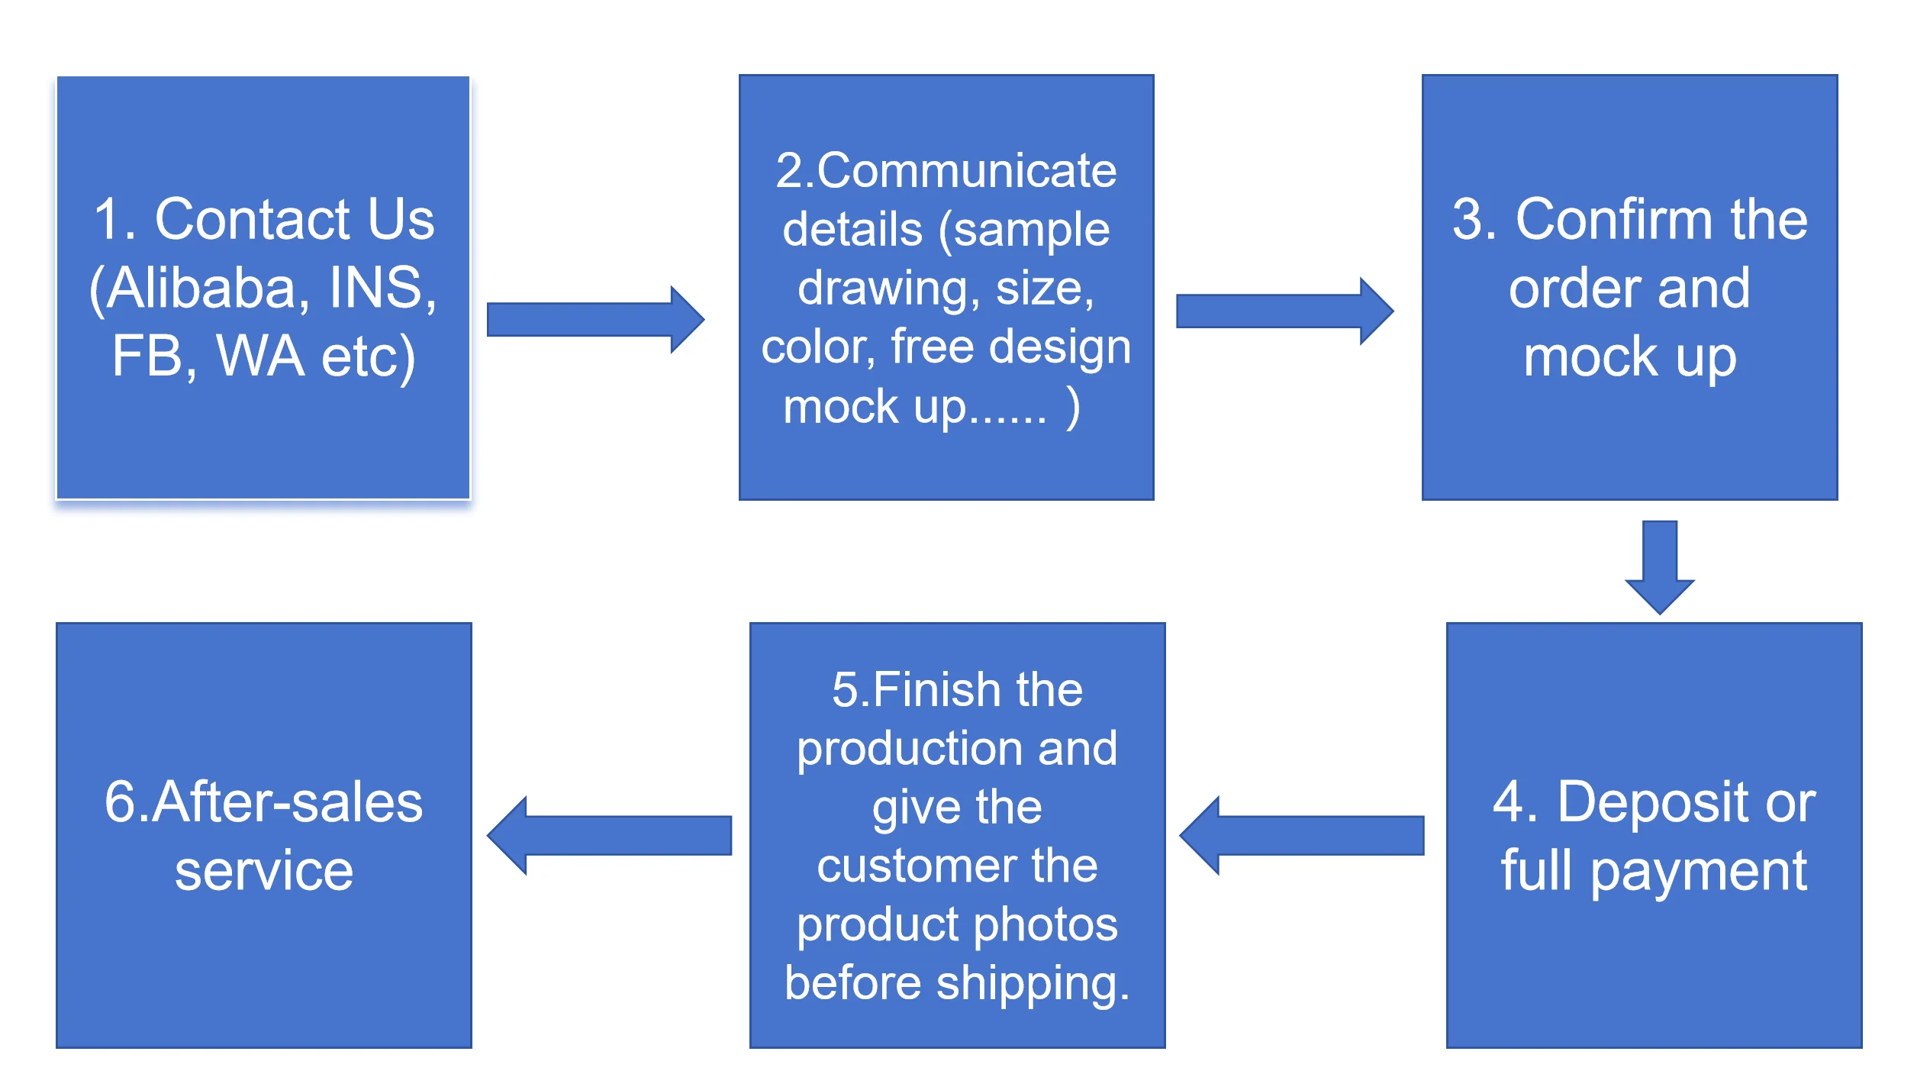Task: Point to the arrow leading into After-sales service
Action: point(610,835)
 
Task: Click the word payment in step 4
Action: point(1698,871)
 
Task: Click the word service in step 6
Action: point(264,871)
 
